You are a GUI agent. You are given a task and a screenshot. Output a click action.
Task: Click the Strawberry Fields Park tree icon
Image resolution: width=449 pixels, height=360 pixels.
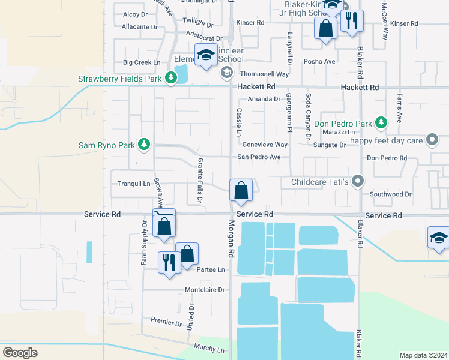[x=171, y=78]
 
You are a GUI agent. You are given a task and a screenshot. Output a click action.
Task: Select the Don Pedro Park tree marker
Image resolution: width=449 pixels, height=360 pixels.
[x=381, y=123]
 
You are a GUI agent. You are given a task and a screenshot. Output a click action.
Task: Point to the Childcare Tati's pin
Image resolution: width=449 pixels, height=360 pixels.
[x=358, y=181]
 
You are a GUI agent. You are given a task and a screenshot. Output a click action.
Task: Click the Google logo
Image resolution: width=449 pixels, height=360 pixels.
[x=20, y=352]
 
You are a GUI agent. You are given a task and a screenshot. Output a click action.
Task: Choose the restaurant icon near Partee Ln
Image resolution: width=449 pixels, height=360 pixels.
[x=169, y=262]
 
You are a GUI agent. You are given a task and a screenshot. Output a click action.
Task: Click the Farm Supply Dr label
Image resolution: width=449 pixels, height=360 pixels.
[x=144, y=243]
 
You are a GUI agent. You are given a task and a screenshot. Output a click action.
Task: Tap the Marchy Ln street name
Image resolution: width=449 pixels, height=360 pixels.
[x=209, y=348]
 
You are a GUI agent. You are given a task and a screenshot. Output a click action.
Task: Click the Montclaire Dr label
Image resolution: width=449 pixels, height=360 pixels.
[x=205, y=290]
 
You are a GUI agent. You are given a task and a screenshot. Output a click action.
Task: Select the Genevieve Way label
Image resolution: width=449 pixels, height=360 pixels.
[x=265, y=145]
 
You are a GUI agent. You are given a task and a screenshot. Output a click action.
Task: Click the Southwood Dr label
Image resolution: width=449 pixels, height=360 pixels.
[x=390, y=194]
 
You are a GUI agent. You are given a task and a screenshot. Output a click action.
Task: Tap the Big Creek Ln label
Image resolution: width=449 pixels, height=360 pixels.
[x=142, y=62]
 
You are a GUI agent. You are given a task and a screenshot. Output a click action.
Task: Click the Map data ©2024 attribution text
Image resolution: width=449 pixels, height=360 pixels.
[x=424, y=355]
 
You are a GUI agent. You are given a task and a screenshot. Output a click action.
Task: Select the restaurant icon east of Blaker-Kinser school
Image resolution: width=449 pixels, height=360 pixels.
[x=352, y=21]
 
